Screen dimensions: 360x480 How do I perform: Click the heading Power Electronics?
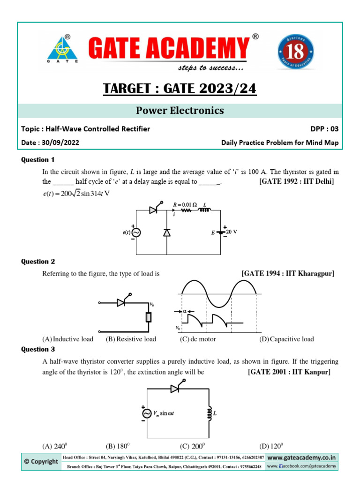(180, 111)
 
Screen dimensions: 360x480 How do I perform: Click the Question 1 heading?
(38, 159)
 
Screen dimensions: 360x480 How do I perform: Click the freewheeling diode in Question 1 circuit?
(167, 232)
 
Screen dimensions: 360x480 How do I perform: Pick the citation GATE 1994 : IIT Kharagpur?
(287, 273)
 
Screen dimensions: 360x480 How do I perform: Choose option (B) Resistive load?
(131, 339)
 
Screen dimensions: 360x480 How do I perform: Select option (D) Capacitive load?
(286, 339)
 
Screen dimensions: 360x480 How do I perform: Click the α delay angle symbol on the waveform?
(184, 311)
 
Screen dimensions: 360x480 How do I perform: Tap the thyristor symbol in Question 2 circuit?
(122, 303)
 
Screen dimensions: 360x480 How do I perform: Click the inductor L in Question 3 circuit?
(208, 413)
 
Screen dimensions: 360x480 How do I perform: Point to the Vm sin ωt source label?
(167, 413)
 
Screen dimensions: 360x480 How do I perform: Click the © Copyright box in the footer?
(41, 461)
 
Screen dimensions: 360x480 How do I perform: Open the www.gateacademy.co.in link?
(301, 457)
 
